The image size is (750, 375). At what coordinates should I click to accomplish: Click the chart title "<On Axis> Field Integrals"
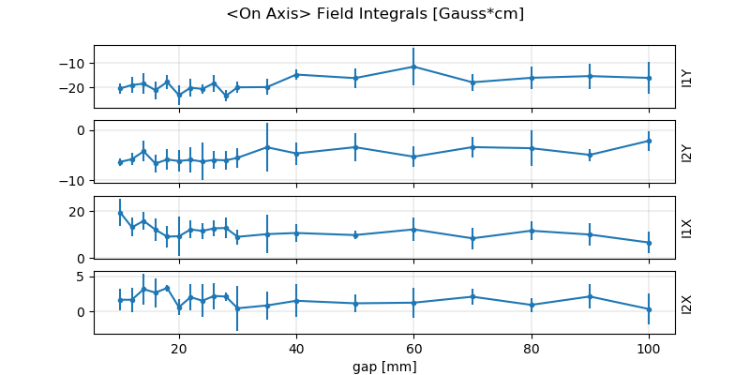point(374,14)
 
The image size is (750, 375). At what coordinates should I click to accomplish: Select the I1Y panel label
point(687,77)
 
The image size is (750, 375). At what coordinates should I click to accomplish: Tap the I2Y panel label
point(687,153)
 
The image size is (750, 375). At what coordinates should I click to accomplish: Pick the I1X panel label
point(687,228)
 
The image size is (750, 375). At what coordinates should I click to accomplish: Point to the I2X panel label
point(687,303)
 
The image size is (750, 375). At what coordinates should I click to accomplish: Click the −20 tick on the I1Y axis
point(75,88)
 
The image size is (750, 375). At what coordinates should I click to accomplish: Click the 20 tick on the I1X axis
point(80,212)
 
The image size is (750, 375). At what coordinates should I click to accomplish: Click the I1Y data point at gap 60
point(413,67)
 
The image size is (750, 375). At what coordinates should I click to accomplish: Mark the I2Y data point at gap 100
point(648,141)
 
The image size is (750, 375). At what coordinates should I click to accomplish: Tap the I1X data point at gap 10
point(120,213)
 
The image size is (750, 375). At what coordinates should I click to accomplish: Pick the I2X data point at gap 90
point(590,296)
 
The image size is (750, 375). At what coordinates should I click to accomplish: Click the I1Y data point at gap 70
point(472,82)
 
